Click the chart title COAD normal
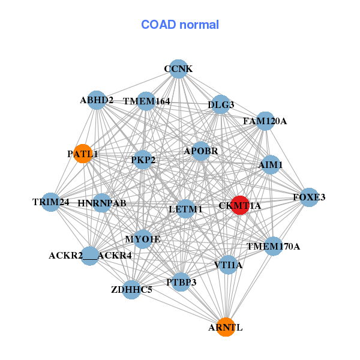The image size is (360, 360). [180, 25]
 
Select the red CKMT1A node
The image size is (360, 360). [240, 205]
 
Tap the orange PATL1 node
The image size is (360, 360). [82, 154]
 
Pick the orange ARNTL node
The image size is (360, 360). [226, 327]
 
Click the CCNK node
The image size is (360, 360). [178, 69]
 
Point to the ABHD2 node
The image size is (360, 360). [97, 100]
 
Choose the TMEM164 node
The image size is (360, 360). [146, 101]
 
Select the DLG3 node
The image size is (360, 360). [221, 104]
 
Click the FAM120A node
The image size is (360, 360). [265, 121]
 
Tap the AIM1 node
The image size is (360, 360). [271, 164]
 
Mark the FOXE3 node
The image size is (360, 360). [309, 197]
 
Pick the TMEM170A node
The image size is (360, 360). [274, 246]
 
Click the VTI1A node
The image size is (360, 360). [228, 265]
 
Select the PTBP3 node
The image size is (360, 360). [181, 281]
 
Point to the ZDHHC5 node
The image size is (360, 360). [131, 290]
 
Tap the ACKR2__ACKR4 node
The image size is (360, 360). [90, 256]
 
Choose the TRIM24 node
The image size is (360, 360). [51, 202]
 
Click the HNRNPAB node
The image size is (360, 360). [102, 203]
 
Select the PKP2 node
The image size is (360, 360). [143, 160]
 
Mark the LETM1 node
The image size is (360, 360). [186, 209]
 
